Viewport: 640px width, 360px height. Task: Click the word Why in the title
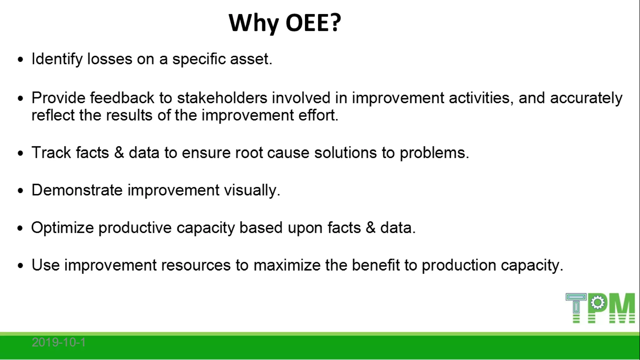coord(253,23)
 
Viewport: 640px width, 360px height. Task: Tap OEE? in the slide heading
coord(313,23)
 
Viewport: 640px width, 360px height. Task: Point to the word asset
coord(251,59)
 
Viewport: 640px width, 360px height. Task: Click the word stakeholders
coord(222,98)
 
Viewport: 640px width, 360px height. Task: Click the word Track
coord(51,152)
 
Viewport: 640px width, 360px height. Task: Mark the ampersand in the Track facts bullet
coord(119,152)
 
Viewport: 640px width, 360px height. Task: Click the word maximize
coord(287,265)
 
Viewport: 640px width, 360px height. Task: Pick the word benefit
coord(376,265)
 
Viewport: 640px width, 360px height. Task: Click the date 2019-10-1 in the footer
coord(59,342)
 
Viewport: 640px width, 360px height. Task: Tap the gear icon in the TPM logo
coord(598,303)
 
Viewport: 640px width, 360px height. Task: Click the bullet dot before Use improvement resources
coord(21,266)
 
